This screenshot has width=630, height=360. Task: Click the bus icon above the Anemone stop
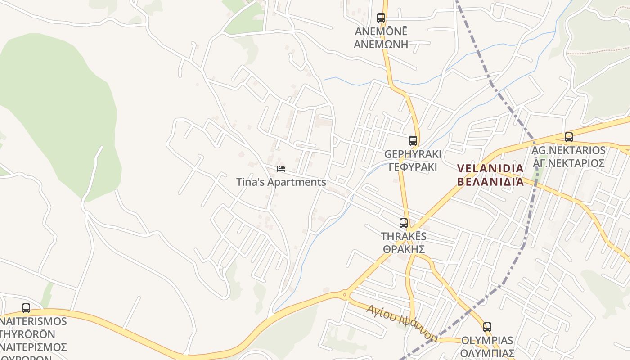click(x=381, y=18)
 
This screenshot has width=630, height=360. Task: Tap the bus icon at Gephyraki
click(x=413, y=140)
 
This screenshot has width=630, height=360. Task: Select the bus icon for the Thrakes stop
click(x=404, y=223)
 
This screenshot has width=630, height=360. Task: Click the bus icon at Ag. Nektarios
click(x=569, y=137)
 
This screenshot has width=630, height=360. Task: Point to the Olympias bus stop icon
click(x=487, y=327)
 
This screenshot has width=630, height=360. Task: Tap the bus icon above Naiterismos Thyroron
click(x=26, y=308)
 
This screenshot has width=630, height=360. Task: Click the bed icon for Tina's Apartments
click(x=281, y=169)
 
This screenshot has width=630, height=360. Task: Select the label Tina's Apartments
click(x=281, y=182)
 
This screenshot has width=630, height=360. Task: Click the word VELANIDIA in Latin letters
click(x=490, y=169)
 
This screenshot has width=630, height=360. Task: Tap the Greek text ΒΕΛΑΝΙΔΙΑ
click(x=490, y=182)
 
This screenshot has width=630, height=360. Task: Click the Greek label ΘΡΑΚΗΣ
click(x=404, y=249)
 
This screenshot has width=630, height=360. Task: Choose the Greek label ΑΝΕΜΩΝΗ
click(x=381, y=44)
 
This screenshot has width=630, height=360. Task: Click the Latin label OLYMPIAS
click(x=487, y=340)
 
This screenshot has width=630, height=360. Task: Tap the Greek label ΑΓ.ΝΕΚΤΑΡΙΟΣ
click(x=569, y=163)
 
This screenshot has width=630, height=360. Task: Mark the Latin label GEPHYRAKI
click(x=413, y=154)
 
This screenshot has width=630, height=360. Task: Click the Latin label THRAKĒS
click(x=404, y=236)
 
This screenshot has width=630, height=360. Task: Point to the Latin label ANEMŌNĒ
click(x=381, y=31)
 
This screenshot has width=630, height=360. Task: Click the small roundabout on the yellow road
click(x=345, y=295)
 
